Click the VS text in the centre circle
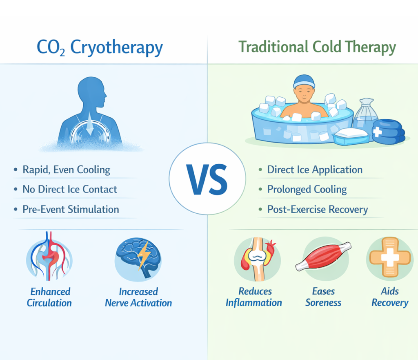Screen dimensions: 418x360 (x=207, y=180)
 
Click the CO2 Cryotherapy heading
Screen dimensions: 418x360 (x=100, y=47)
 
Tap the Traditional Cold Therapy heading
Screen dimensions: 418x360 (x=317, y=47)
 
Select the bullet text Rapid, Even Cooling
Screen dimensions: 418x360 (x=67, y=170)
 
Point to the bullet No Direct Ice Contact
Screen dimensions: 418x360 (x=70, y=189)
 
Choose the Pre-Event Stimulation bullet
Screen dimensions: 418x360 (x=71, y=209)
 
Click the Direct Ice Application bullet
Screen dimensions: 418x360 (x=315, y=170)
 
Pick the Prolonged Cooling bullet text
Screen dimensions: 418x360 (x=307, y=190)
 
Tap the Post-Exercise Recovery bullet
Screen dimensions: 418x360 (x=318, y=210)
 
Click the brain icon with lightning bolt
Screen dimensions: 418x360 (x=138, y=258)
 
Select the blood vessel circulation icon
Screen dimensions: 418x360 (x=49, y=257)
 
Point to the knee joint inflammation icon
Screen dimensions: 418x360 (x=257, y=259)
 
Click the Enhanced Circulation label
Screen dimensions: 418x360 (x=49, y=297)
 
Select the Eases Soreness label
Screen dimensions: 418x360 (x=323, y=297)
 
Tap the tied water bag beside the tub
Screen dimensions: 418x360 (x=366, y=116)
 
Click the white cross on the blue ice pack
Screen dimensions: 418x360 (x=377, y=132)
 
